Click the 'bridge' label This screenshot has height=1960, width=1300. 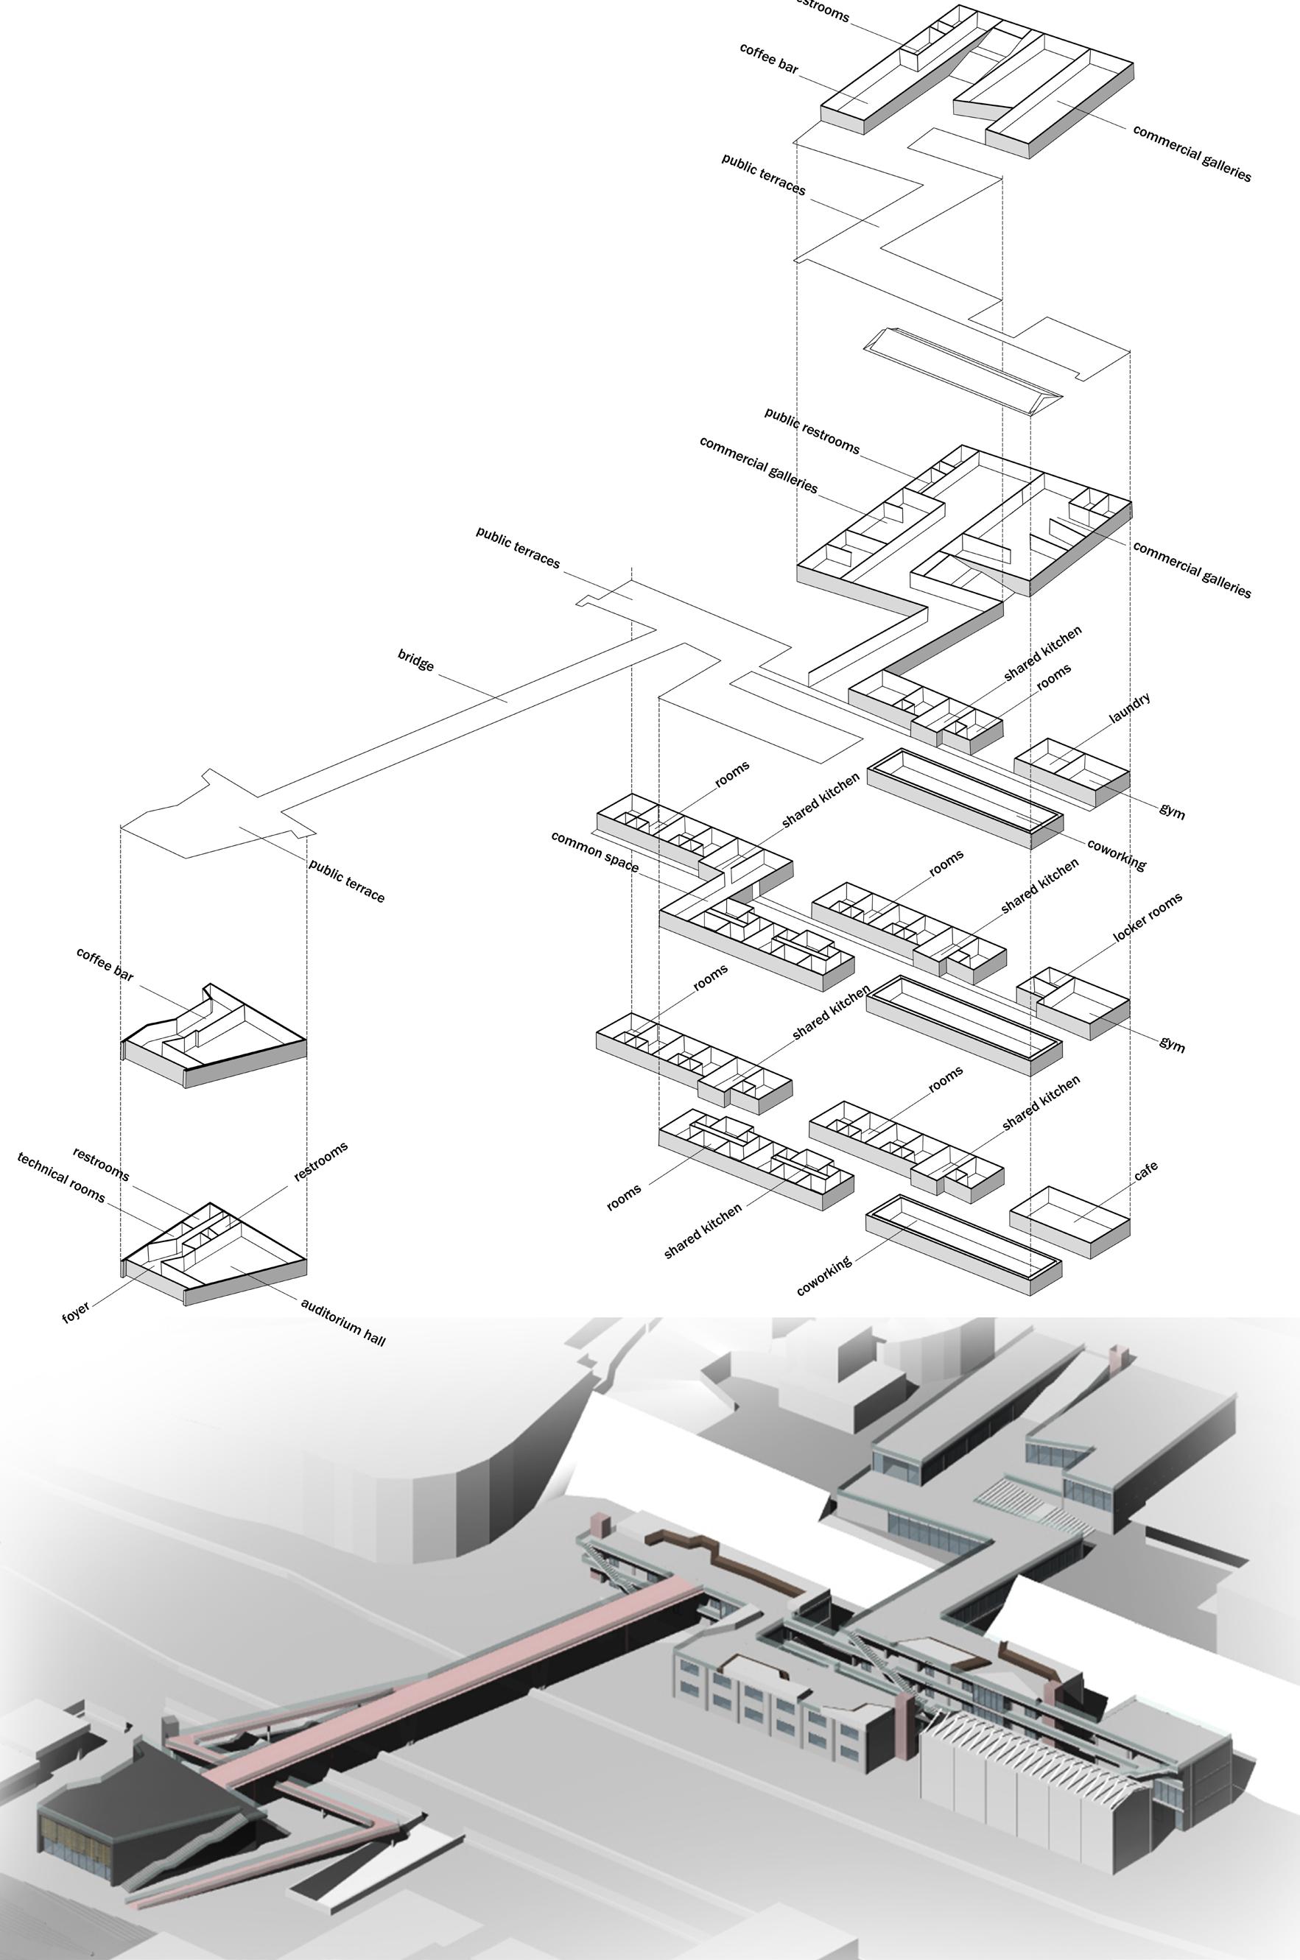tap(415, 660)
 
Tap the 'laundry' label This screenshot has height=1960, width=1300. tap(1129, 708)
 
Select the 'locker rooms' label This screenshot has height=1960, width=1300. tap(1148, 917)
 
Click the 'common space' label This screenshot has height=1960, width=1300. tap(594, 851)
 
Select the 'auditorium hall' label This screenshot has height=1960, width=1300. tap(342, 1321)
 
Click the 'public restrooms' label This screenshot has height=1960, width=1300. tap(812, 430)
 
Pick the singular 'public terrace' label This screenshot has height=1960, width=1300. tap(347, 880)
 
